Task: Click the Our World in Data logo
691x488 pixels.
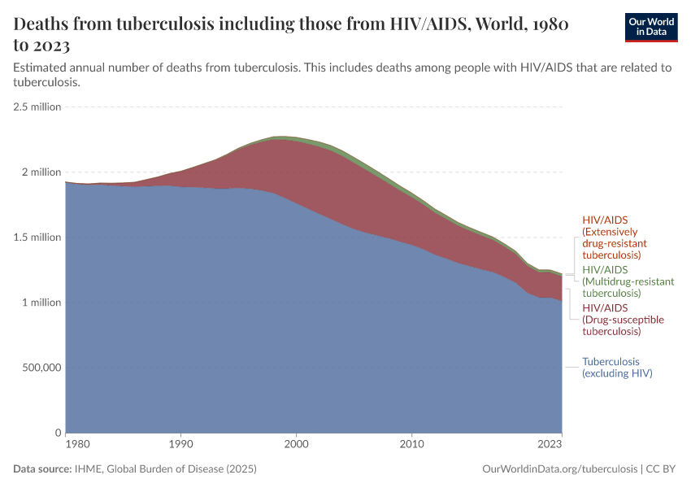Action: point(650,27)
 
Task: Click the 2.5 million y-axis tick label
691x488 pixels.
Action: point(37,107)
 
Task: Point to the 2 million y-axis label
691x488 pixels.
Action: point(41,172)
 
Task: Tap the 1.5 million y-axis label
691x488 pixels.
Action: point(37,237)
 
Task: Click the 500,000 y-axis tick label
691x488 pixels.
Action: point(37,368)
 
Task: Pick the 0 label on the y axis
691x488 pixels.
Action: point(57,433)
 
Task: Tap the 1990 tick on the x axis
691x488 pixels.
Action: point(180,445)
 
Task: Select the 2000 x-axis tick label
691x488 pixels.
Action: point(297,445)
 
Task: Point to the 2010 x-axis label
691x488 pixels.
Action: point(412,445)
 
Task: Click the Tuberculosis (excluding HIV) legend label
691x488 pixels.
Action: point(617,368)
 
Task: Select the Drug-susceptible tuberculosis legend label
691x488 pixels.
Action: point(623,320)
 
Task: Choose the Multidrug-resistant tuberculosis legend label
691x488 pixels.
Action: point(628,281)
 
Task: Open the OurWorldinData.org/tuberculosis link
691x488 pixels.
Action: point(560,469)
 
